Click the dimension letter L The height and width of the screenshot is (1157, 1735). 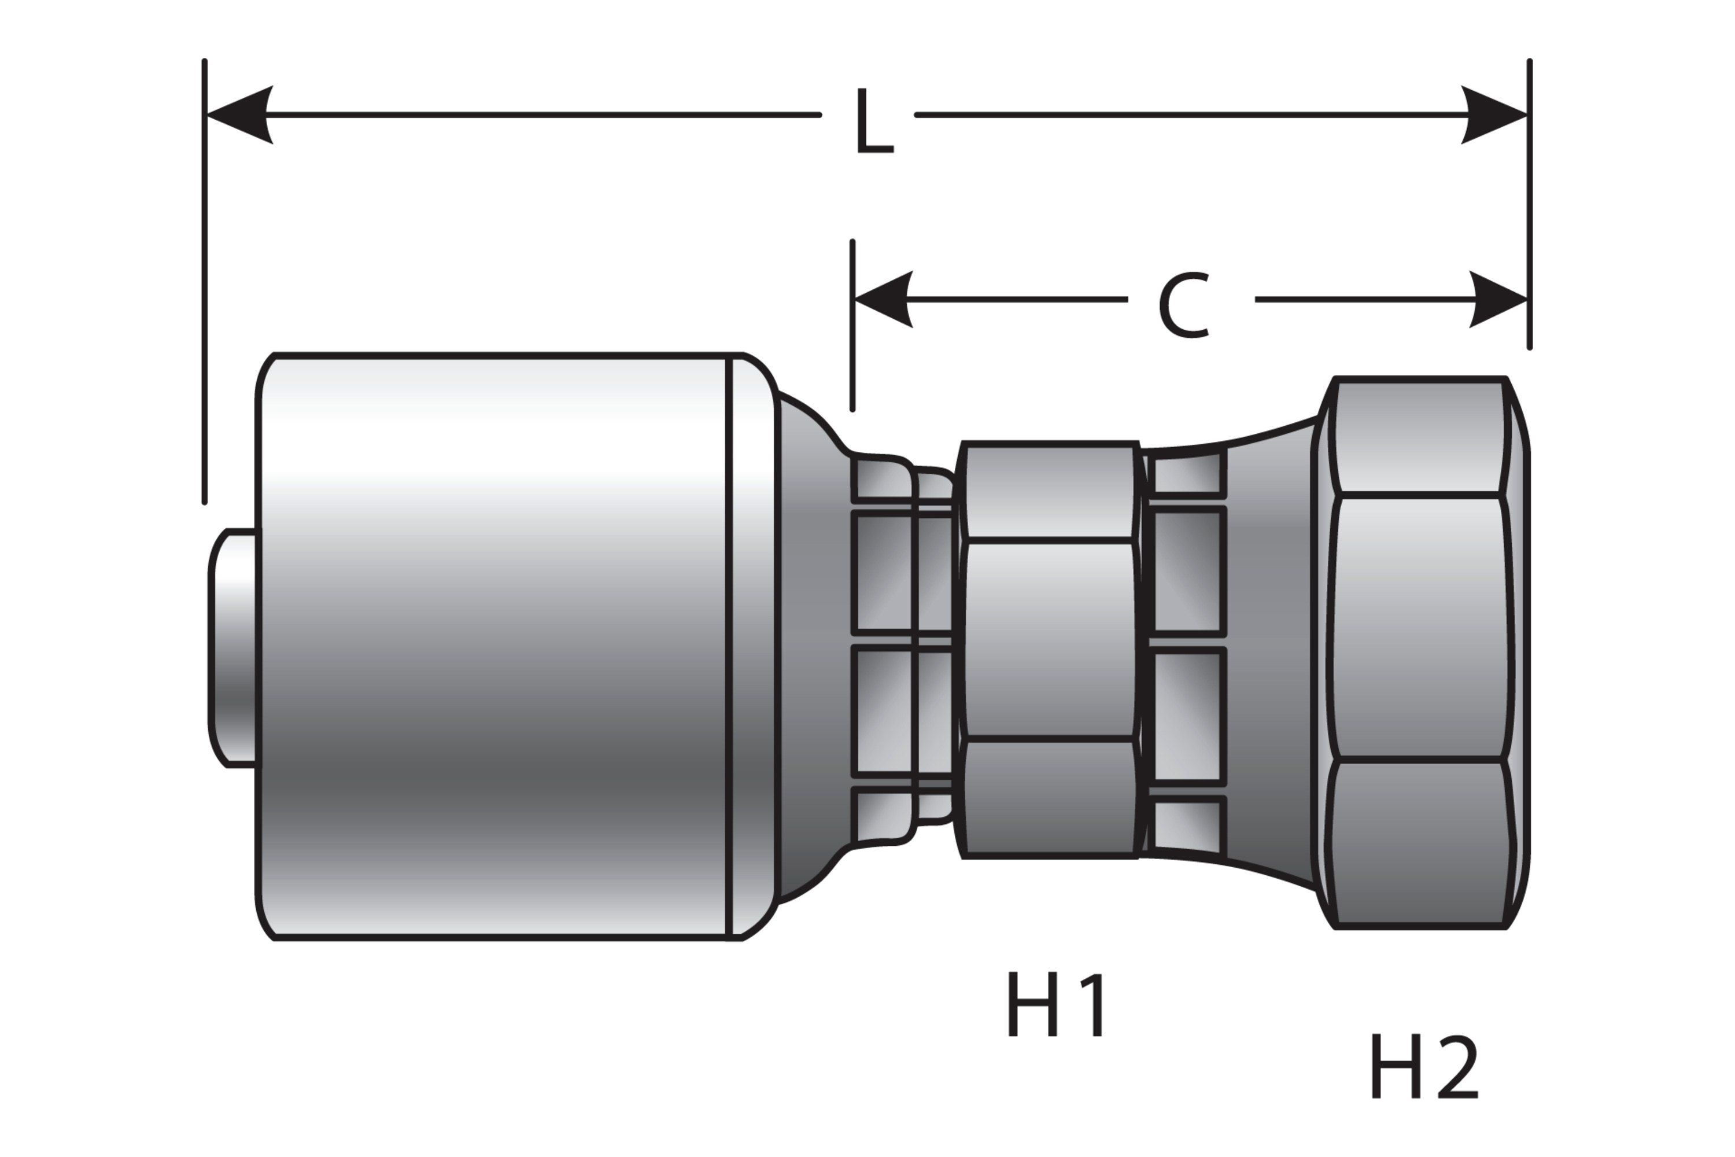874,123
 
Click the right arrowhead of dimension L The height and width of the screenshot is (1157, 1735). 1494,115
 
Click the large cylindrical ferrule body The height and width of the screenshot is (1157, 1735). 494,646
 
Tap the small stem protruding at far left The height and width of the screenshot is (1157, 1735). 232,648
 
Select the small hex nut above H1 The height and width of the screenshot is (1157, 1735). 1049,649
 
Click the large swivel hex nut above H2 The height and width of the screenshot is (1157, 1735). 1419,653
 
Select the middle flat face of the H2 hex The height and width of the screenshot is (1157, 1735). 1419,627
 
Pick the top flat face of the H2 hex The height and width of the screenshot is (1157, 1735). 1418,437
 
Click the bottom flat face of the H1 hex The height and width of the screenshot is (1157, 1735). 1049,797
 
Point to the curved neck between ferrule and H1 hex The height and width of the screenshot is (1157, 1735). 811,649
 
